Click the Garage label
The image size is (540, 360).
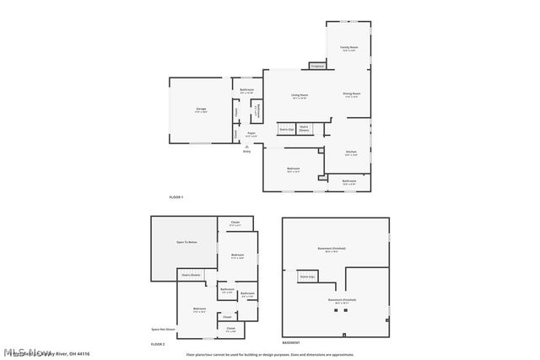[x=202, y=110]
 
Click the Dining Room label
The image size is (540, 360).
[x=351, y=94]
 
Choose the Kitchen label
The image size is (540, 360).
[x=351, y=153]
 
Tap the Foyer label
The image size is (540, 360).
[x=251, y=134]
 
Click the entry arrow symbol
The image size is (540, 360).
[x=246, y=147]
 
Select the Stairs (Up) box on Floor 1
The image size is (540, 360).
[x=287, y=129]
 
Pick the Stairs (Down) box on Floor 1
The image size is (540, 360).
[x=304, y=128]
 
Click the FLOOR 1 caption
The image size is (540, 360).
[x=176, y=196]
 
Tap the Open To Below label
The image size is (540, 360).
[x=186, y=243]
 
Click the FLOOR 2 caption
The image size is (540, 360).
[x=158, y=345]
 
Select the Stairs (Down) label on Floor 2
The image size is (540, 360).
[x=191, y=275]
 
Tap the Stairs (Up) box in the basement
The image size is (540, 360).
[x=306, y=277]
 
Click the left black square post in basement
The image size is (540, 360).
[x=336, y=310]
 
